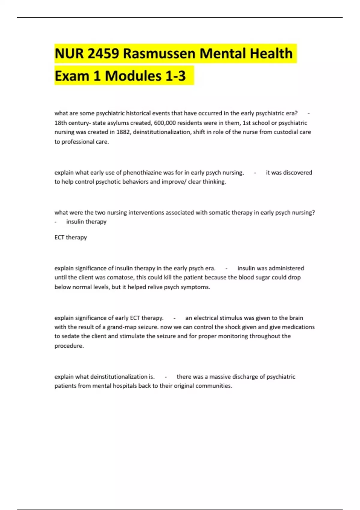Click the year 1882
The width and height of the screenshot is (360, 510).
coord(123,132)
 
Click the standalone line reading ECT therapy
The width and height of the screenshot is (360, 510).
coord(70,237)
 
